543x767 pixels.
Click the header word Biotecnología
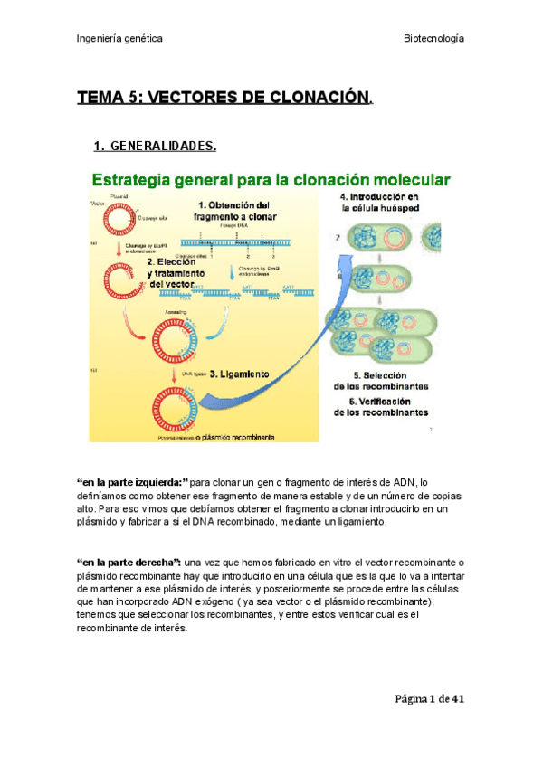click(x=433, y=39)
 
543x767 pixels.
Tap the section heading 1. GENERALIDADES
click(x=155, y=147)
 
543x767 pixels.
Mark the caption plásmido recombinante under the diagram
click(x=227, y=436)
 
